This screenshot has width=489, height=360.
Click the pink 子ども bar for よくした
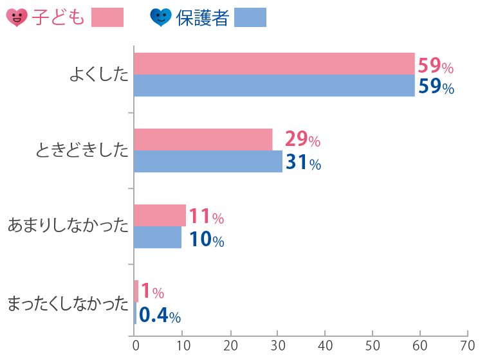[274, 64]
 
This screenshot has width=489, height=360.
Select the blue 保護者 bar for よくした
[274, 85]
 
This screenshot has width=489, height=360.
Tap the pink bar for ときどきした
[203, 139]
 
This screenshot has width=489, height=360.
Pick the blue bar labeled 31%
[208, 161]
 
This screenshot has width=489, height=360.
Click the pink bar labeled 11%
[160, 215]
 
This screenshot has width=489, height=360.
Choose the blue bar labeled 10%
[158, 237]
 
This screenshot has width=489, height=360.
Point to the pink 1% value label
[152, 292]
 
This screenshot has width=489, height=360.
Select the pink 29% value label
[302, 139]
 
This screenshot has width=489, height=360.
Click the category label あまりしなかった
[68, 226]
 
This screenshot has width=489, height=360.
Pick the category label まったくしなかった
[68, 303]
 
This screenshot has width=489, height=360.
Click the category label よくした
[99, 75]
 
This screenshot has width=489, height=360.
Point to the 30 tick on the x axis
[277, 345]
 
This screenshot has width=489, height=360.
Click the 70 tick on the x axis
[468, 345]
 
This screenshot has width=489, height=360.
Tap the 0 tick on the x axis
[135, 345]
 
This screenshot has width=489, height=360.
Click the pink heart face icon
[16, 17]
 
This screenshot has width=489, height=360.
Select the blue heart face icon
[160, 17]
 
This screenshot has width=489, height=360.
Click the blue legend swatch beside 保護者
[250, 17]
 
